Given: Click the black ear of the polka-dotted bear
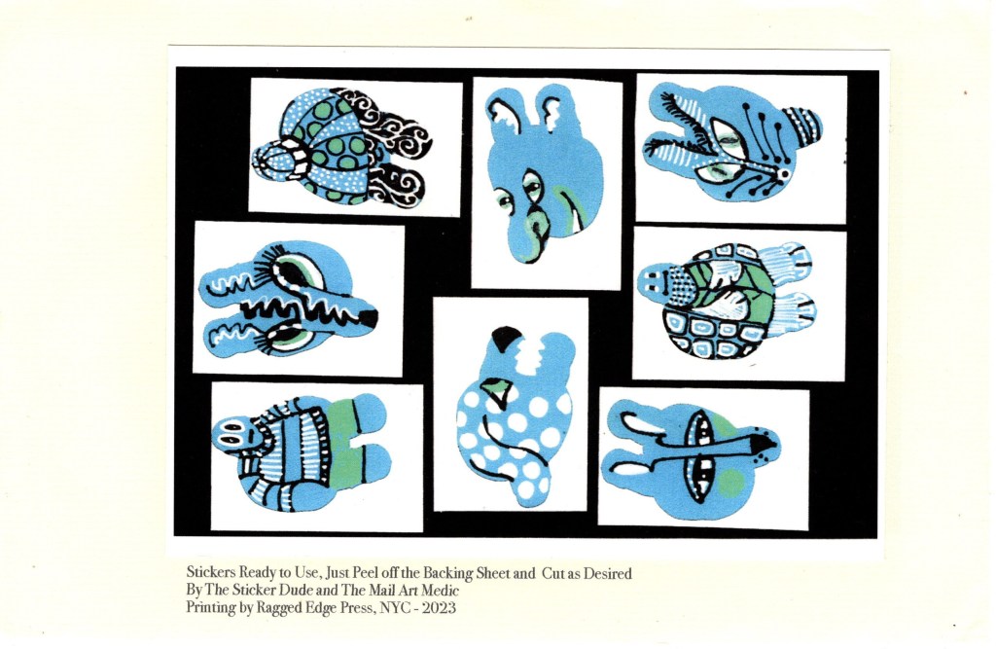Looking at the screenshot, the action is point(506,340).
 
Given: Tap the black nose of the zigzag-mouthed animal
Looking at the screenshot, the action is point(369,319).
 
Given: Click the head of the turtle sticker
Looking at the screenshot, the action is point(656,284).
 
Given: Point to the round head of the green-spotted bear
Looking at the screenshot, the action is point(275,162).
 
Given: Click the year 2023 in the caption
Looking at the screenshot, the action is point(439,608).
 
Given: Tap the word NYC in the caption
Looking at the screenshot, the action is point(393,608).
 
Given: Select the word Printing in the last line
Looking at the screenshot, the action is point(210,608).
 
